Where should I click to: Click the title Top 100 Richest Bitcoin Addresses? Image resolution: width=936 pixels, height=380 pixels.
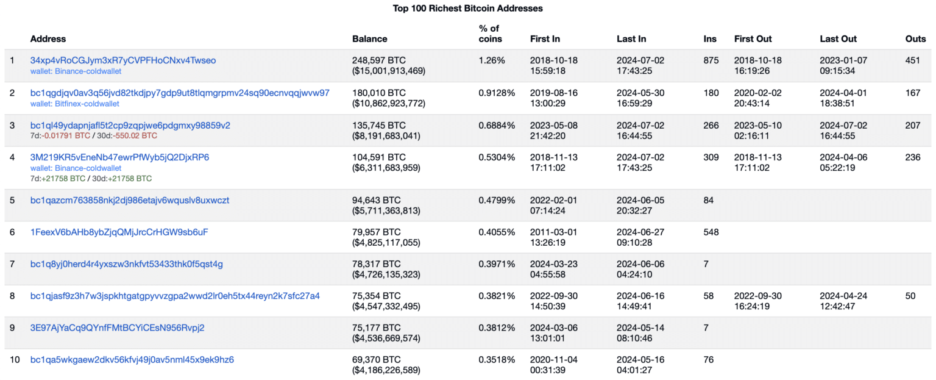(467, 9)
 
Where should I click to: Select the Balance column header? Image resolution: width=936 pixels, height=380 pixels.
(369, 38)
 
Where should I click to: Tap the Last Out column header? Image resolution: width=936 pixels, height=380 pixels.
(838, 38)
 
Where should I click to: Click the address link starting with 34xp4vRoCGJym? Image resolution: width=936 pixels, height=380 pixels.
(123, 60)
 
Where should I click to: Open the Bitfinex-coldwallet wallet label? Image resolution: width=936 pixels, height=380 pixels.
(76, 104)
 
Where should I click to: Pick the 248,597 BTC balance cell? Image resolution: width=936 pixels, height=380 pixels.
(378, 60)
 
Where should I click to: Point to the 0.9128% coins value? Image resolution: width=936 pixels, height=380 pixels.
(497, 93)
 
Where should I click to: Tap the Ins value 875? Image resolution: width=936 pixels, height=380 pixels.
(711, 60)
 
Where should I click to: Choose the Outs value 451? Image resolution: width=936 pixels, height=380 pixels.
(913, 60)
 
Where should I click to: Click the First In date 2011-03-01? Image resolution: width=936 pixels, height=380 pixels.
(554, 232)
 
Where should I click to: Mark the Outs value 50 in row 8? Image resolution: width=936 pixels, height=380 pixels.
(910, 296)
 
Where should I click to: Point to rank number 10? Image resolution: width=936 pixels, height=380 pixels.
(15, 359)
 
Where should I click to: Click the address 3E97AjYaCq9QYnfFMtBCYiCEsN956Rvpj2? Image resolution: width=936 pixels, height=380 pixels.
(118, 328)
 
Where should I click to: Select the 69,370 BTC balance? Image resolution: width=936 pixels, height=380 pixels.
(376, 359)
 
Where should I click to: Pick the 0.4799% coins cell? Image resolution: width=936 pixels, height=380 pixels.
(497, 200)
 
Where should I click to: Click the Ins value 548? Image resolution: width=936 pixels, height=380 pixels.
(711, 232)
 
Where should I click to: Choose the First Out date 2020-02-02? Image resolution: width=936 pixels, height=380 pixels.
(757, 93)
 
